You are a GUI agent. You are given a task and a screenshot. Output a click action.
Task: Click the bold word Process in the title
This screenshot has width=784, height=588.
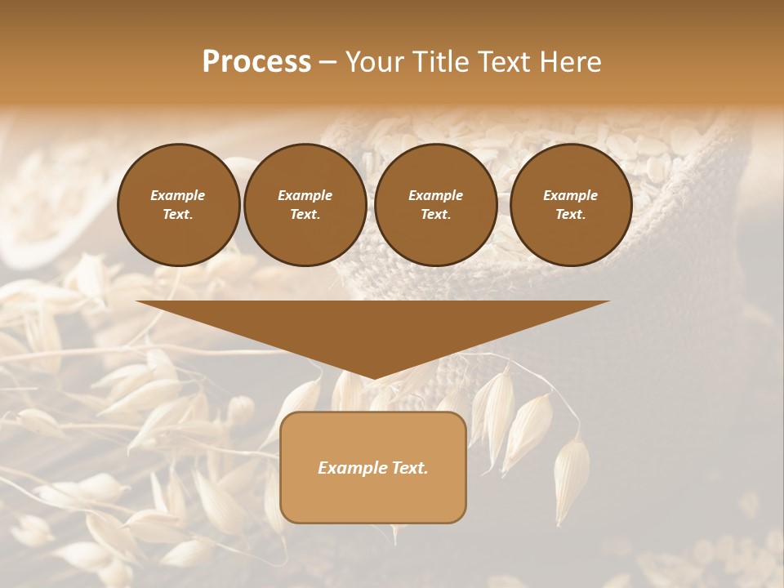256,62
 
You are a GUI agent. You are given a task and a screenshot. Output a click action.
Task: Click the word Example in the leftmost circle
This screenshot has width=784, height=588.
178,195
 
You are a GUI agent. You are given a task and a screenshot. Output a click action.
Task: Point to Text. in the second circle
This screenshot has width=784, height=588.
305,215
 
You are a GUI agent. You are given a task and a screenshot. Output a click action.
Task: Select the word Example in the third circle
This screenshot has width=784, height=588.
435,195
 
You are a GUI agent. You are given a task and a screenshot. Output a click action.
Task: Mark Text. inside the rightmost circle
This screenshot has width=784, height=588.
570,215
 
